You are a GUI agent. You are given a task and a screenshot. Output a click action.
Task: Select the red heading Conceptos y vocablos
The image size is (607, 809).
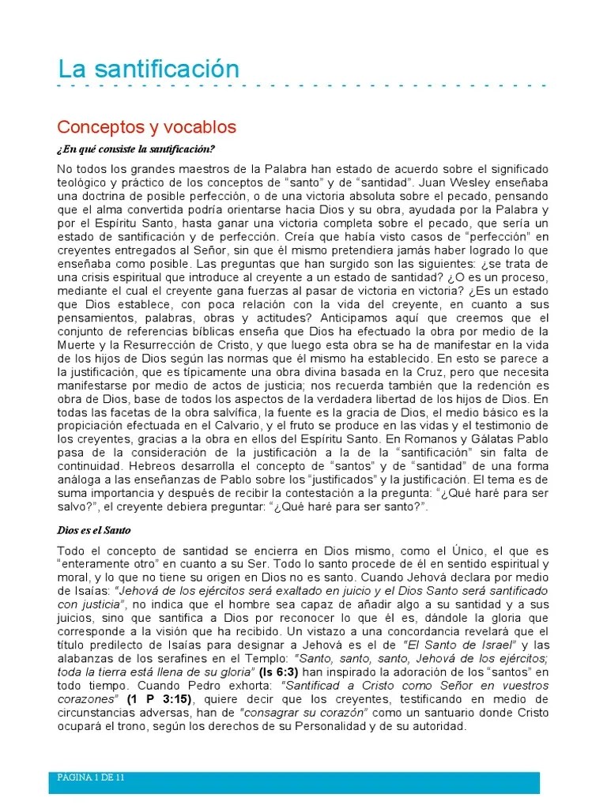pyautogui.click(x=147, y=127)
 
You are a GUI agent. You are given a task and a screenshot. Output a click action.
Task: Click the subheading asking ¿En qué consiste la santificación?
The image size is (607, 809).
pyautogui.click(x=136, y=149)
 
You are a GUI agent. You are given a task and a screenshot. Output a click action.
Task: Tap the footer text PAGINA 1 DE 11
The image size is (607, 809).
pyautogui.click(x=91, y=777)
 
